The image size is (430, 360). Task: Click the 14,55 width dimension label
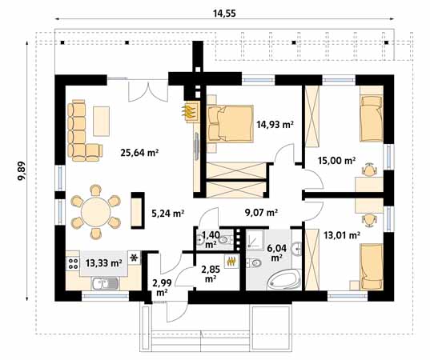(224, 13)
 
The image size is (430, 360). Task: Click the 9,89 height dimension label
(22, 170)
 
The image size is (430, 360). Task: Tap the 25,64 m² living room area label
(140, 152)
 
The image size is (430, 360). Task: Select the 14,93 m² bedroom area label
(275, 125)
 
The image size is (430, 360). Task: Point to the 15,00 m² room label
(337, 160)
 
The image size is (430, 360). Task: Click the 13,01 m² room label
(342, 235)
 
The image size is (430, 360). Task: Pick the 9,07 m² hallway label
(261, 212)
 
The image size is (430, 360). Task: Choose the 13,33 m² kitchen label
(104, 263)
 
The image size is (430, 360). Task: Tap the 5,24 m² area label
(167, 213)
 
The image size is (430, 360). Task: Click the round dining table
(95, 212)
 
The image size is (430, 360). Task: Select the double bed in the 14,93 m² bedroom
(231, 124)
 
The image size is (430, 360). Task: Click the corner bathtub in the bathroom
(284, 279)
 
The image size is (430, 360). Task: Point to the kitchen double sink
(106, 283)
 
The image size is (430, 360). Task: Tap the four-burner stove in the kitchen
(73, 263)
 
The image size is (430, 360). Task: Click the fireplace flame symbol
(190, 112)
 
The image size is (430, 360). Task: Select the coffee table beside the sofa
(101, 121)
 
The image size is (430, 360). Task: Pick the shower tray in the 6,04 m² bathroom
(255, 240)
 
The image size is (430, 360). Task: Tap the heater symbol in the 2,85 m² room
(231, 262)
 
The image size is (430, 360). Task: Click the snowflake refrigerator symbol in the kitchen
(134, 258)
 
